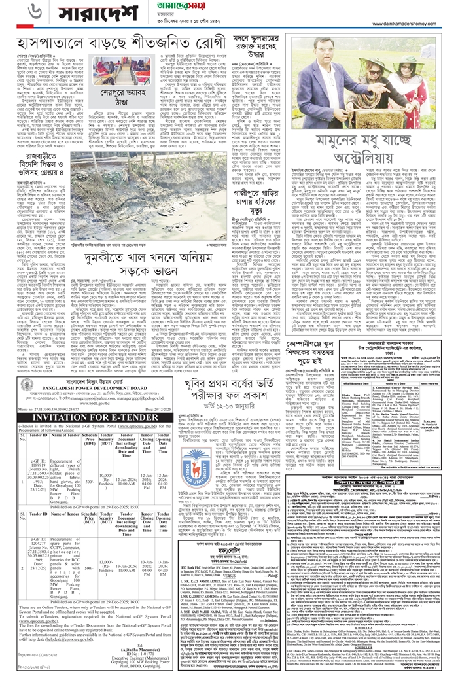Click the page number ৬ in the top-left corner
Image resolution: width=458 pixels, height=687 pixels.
[14, 11]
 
